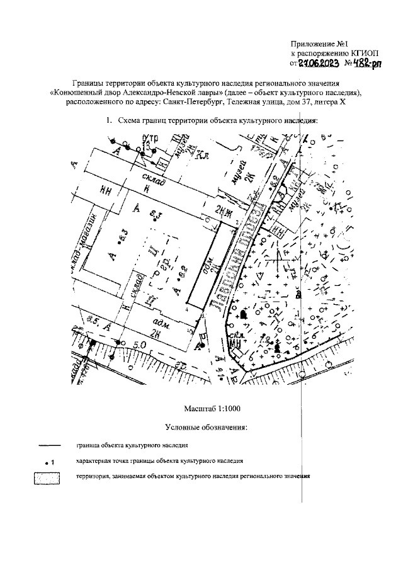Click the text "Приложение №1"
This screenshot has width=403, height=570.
pos(320,44)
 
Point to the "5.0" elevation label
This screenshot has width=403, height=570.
pos(139,345)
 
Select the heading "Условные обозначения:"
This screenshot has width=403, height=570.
pos(205,428)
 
